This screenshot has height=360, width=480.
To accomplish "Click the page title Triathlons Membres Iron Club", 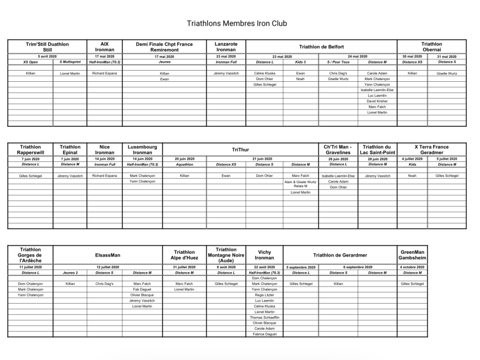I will click(x=240, y=24).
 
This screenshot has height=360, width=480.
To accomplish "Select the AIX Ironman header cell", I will click(x=105, y=46).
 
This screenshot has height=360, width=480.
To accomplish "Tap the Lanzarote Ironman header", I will click(x=226, y=46).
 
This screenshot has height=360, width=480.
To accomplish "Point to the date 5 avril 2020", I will click(x=47, y=57).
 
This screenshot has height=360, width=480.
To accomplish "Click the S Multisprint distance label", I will click(x=70, y=62).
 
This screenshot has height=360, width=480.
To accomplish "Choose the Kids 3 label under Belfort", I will click(x=300, y=62).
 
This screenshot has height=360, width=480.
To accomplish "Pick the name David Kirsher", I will click(x=377, y=101).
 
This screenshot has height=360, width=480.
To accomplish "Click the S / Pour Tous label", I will click(x=338, y=62).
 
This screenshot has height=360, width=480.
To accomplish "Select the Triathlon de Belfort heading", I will click(x=321, y=47).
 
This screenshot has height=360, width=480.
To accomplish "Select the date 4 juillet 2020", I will click(x=412, y=159).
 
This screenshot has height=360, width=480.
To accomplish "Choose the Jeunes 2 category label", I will click(x=70, y=273).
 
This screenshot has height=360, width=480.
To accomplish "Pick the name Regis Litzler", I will click(x=264, y=295).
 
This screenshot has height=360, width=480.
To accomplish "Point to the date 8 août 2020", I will click(x=226, y=267).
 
